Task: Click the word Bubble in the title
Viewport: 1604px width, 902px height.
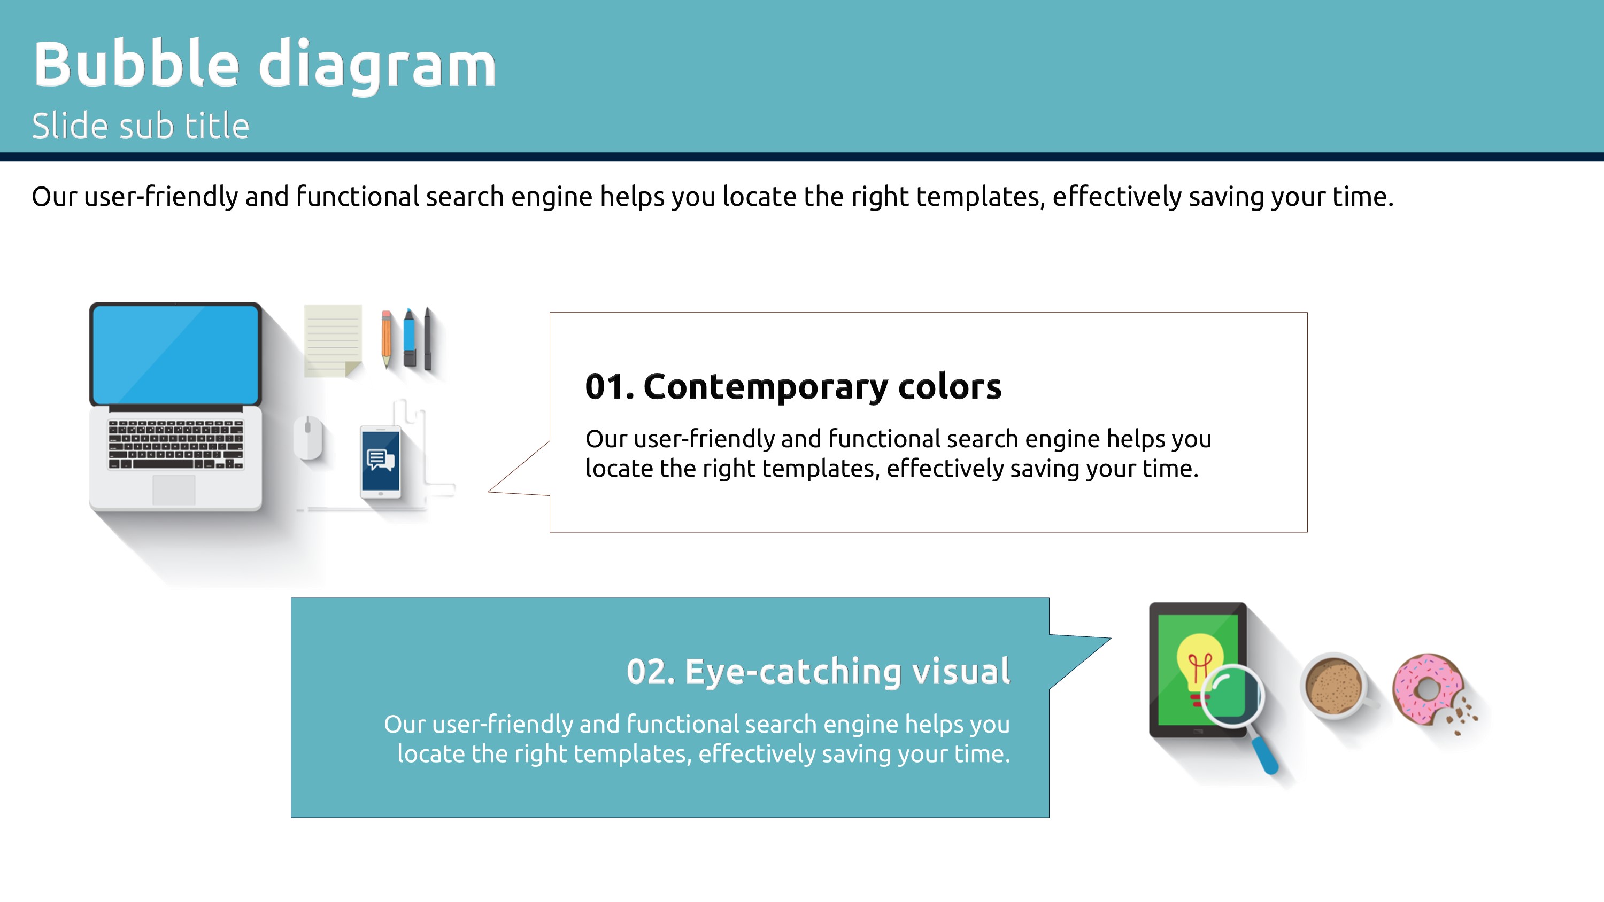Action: pyautogui.click(x=136, y=64)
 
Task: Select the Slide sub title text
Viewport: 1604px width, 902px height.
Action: pyautogui.click(x=141, y=126)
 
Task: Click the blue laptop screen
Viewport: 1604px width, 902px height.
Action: pyautogui.click(x=175, y=355)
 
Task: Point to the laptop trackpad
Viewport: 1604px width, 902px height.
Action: pyautogui.click(x=174, y=490)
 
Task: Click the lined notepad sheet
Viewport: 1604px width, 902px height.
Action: pyautogui.click(x=333, y=340)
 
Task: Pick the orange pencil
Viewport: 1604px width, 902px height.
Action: pyautogui.click(x=387, y=339)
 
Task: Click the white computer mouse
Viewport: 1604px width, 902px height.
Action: pyautogui.click(x=308, y=437)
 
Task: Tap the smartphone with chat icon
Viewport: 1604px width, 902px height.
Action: pyautogui.click(x=381, y=461)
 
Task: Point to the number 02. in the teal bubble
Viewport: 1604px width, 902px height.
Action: pyautogui.click(x=651, y=672)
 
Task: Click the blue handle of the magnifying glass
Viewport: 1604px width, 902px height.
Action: pyautogui.click(x=1264, y=755)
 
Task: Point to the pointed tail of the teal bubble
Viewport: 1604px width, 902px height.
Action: pyautogui.click(x=1110, y=638)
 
